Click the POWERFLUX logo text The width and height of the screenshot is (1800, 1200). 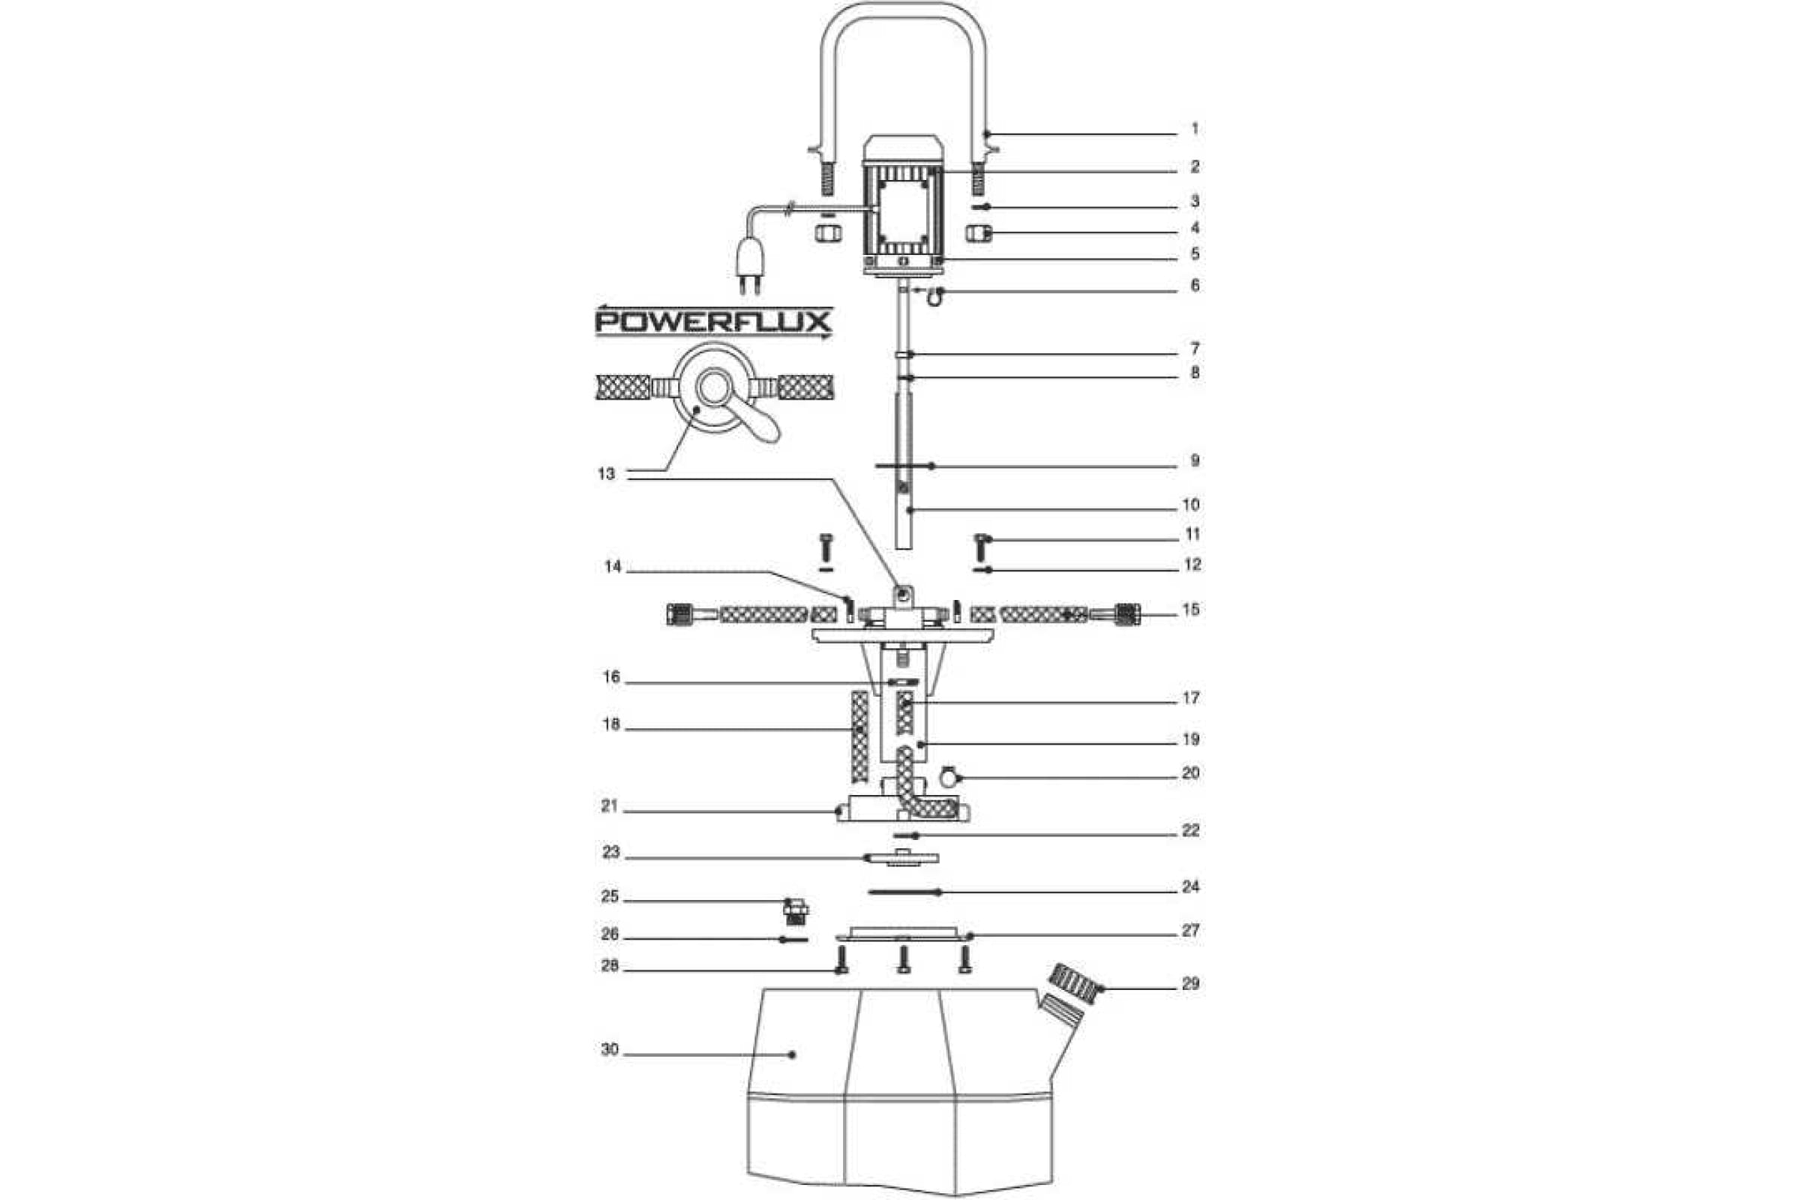[x=713, y=322]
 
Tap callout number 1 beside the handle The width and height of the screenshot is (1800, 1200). [x=1195, y=128]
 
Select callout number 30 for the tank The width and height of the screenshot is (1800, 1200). [x=610, y=1049]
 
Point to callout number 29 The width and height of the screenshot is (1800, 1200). [x=1191, y=983]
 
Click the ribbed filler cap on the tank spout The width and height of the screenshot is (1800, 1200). [x=1074, y=982]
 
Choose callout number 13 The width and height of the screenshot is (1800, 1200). [x=606, y=474]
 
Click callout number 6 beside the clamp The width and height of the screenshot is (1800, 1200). [x=1195, y=286]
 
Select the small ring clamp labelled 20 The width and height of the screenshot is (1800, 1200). [x=949, y=777]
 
